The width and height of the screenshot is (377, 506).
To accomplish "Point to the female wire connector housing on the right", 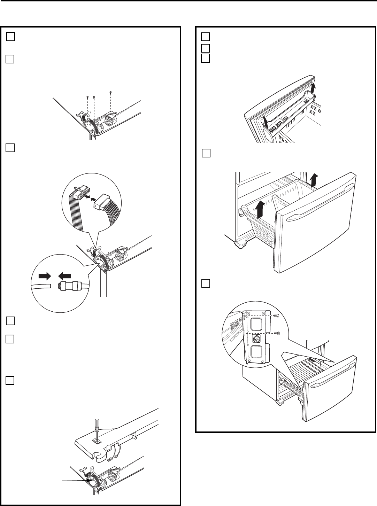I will (99, 201).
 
